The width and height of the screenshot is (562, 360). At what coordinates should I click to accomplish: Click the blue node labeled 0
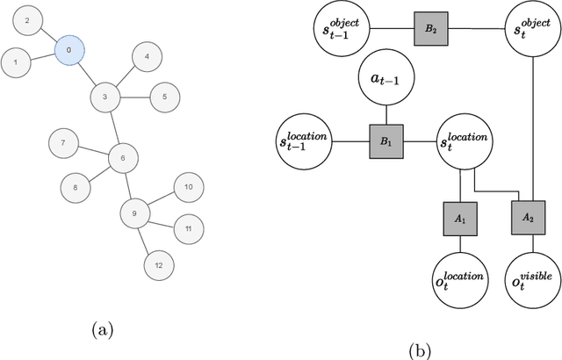[x=68, y=51]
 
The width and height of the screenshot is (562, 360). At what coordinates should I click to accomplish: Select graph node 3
[x=104, y=97]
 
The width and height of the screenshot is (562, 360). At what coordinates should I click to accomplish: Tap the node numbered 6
[x=123, y=158]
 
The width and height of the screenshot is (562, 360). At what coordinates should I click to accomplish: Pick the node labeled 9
[x=134, y=212]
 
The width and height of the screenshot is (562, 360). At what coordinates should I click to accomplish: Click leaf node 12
[x=159, y=264]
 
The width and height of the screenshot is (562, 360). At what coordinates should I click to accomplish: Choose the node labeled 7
[x=62, y=141]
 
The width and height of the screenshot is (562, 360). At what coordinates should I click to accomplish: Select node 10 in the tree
[x=189, y=187]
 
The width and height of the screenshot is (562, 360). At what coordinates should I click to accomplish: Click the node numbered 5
[x=164, y=97]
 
